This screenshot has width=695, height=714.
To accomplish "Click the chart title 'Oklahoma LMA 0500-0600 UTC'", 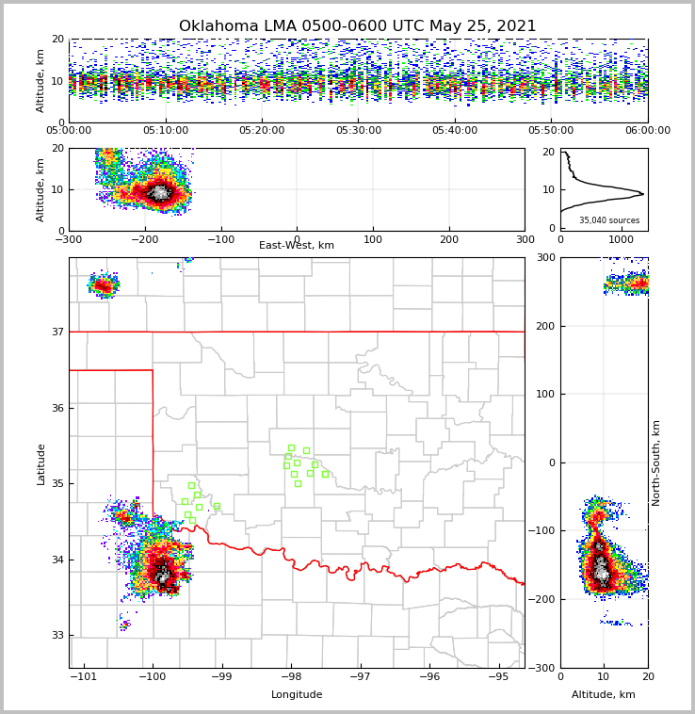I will [357, 26].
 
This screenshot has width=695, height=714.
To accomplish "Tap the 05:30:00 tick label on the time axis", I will [358, 131].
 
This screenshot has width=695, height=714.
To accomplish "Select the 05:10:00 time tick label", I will [165, 131].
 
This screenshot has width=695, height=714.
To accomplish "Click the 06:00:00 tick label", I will [647, 131].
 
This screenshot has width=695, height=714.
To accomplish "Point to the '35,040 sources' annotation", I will [609, 220].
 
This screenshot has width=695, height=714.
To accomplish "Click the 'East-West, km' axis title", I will [297, 246].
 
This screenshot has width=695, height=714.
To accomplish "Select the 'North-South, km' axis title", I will [656, 462].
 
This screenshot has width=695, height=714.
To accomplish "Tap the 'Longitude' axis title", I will [297, 695].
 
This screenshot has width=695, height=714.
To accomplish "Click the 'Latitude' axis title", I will [41, 463].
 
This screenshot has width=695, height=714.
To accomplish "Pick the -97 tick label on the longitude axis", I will [360, 676].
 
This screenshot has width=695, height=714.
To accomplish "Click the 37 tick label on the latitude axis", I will [57, 332].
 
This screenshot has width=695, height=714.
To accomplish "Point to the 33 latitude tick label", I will [57, 636].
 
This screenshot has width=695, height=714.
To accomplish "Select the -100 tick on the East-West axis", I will [220, 239].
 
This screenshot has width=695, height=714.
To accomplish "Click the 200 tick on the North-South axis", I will [544, 326].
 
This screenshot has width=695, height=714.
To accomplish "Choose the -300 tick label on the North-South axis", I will [541, 668].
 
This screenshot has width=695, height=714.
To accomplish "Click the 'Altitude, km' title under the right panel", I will [604, 695].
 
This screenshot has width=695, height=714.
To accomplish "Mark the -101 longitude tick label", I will [84, 676].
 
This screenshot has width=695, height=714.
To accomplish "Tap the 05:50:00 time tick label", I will [551, 131].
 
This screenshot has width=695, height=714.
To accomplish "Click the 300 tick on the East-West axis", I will [525, 239].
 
